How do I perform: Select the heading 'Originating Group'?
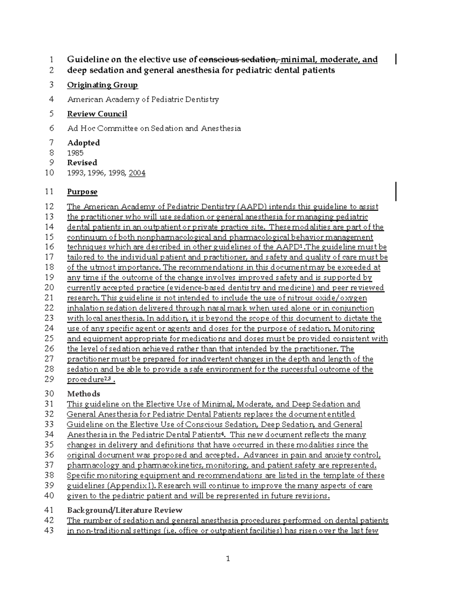point(102,85)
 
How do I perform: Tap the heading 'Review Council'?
point(97,114)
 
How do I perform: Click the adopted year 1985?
point(75,153)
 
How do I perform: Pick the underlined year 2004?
point(137,173)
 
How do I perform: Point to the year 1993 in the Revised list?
point(76,173)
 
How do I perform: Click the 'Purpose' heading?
point(82,192)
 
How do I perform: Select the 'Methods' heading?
point(84,394)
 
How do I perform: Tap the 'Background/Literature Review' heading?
point(125,510)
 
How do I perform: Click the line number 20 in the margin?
point(49,288)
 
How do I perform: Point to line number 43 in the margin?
point(49,531)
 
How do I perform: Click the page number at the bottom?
point(228,558)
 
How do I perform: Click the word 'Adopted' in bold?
point(83,143)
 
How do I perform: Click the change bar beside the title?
point(396,59)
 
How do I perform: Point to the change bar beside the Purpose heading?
point(396,191)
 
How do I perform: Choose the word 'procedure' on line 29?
point(85,380)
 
